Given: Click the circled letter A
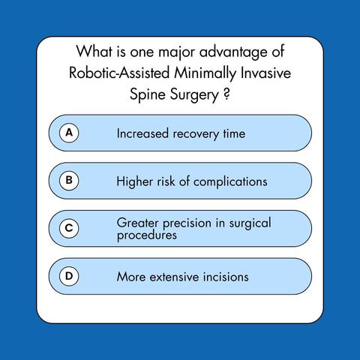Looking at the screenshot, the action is point(69,133).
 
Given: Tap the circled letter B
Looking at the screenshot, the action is point(69,181).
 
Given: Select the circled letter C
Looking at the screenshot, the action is point(69,229).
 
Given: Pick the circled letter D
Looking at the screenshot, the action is point(69,276).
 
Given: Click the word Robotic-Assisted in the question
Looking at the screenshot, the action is point(119,73).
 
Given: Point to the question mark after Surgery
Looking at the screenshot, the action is point(226,94).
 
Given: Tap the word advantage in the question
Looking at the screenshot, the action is point(233,52).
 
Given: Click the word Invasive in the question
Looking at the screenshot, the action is point(265,73).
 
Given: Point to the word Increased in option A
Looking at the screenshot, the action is point(142,133).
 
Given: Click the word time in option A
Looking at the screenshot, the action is point(234,133).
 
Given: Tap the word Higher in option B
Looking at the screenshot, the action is point(135,182).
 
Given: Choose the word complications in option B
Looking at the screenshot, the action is point(230,182).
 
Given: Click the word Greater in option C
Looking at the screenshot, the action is point(137,223).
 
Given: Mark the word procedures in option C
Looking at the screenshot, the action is point(147,235).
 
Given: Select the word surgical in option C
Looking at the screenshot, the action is point(250,223).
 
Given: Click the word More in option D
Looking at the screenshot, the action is point(131,277).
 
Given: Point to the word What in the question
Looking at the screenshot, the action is point(94,51).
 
